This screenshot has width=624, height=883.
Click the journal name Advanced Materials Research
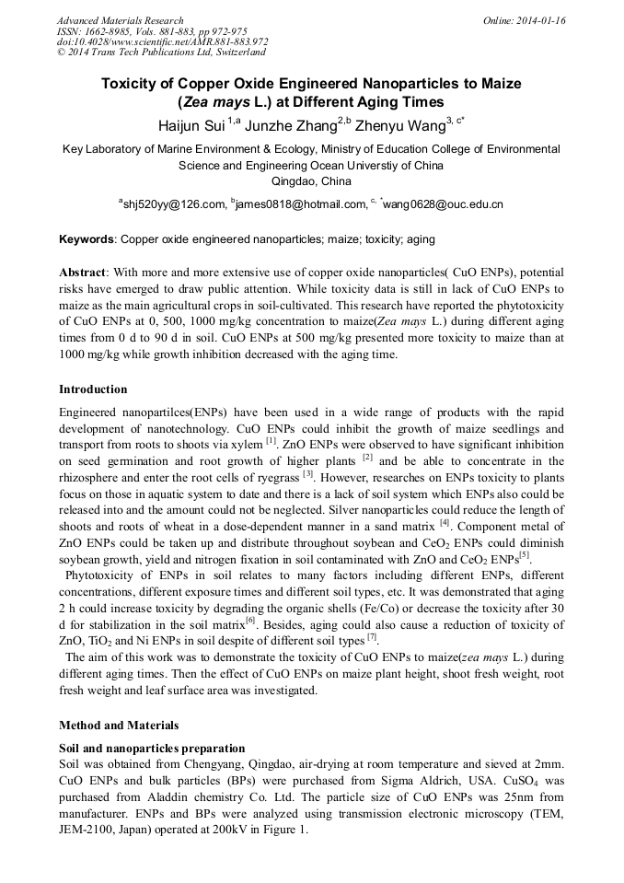tap(120, 20)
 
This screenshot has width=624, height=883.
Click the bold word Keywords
tap(87, 239)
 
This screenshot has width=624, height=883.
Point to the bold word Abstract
tap(82, 274)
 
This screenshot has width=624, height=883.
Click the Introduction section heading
tap(93, 389)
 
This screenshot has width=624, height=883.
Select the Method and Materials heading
tap(119, 726)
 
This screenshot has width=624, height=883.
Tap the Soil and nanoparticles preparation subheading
tap(152, 748)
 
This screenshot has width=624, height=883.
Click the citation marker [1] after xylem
tap(272, 441)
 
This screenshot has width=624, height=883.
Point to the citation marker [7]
tap(372, 637)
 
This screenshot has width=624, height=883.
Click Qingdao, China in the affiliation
tap(311, 182)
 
